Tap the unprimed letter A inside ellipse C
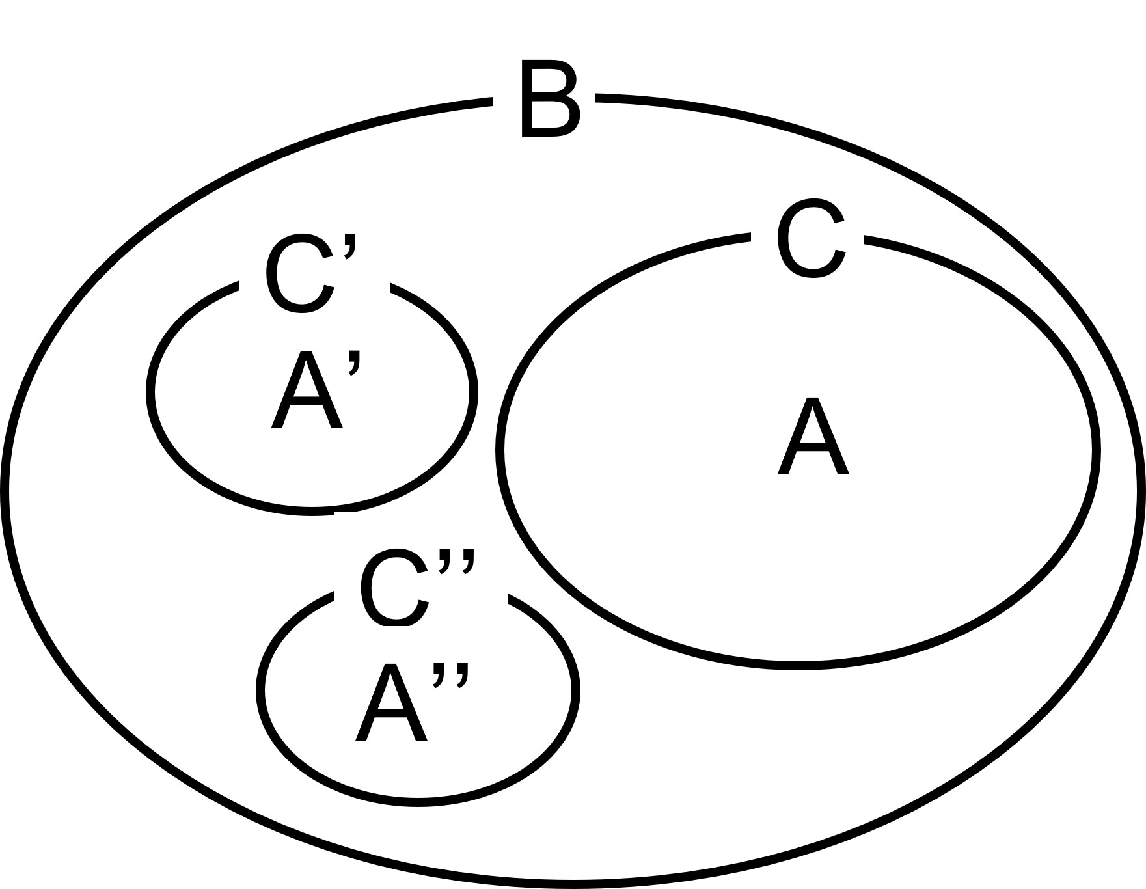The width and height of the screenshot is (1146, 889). point(813,437)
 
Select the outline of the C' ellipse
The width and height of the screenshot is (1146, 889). point(151,392)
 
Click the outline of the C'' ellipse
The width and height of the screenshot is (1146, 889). point(260,690)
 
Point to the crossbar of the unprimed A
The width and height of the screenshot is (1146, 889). point(813,450)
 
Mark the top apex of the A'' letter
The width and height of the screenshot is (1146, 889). point(392,667)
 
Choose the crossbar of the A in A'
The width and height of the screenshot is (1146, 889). point(307,405)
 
